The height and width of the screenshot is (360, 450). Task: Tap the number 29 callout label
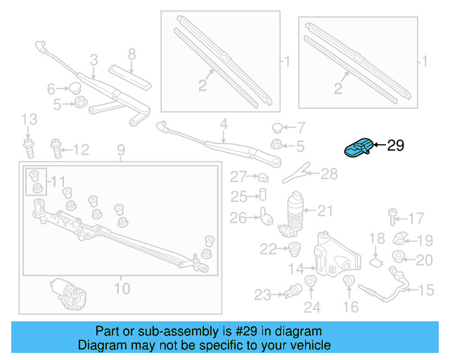(x=396, y=146)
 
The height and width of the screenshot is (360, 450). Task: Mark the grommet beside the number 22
(x=294, y=247)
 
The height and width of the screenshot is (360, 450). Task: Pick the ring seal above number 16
(x=348, y=282)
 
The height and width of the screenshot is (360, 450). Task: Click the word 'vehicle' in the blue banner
(x=304, y=345)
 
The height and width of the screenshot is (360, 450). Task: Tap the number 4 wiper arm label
(x=224, y=124)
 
